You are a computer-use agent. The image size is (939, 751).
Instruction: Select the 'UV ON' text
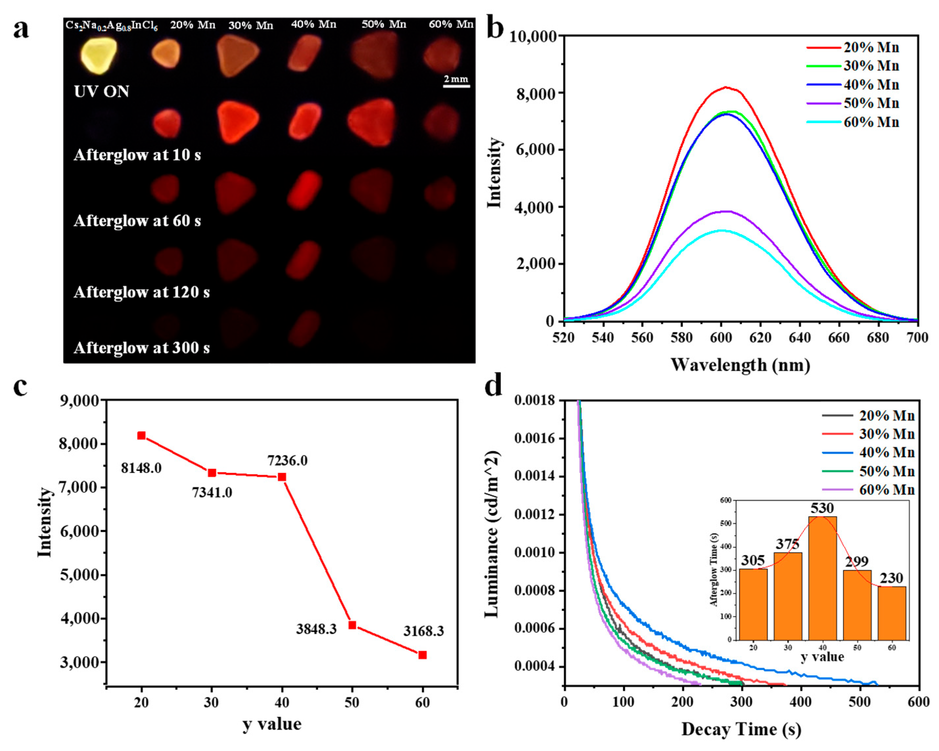pyautogui.click(x=101, y=91)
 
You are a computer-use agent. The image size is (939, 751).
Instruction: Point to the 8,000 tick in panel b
pyautogui.click(x=536, y=94)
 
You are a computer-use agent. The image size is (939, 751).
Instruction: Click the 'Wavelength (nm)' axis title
pyautogui.click(x=740, y=365)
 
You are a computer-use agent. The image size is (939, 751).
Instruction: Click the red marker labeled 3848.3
pyautogui.click(x=352, y=625)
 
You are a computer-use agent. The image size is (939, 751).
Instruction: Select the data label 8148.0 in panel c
pyautogui.click(x=141, y=468)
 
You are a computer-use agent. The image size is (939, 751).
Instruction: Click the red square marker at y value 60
pyautogui.click(x=422, y=655)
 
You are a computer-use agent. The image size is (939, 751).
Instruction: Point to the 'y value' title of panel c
pyautogui.click(x=272, y=724)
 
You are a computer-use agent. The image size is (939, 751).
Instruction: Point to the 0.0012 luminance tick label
pyautogui.click(x=534, y=515)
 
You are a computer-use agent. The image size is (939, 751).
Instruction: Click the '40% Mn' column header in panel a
pyautogui.click(x=314, y=24)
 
